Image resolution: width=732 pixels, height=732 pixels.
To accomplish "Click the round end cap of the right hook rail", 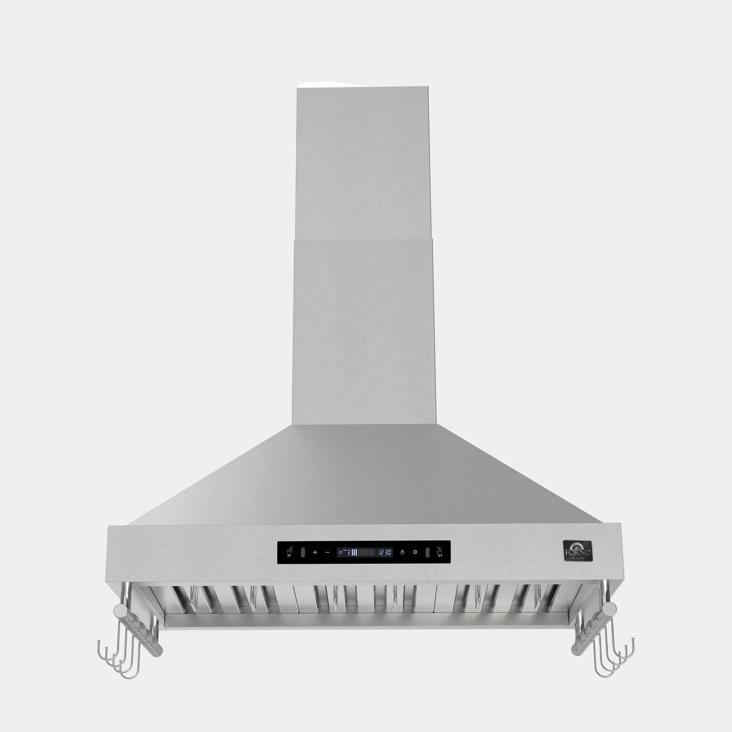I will pyautogui.click(x=610, y=609).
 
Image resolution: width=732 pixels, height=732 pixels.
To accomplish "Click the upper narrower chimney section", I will pyautogui.click(x=363, y=163).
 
